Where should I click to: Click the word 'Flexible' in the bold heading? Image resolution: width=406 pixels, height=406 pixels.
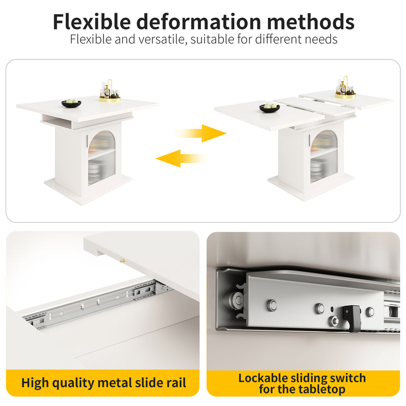(x=92, y=22)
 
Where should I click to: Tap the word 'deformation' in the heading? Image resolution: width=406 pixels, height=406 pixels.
(x=198, y=22)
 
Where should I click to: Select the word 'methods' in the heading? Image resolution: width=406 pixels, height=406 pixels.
(x=311, y=22)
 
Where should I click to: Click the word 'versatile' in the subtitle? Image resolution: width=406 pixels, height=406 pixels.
(x=162, y=40)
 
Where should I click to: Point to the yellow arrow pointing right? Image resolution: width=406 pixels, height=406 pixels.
(x=200, y=133)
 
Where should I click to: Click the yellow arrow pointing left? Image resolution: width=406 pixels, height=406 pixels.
(x=182, y=158)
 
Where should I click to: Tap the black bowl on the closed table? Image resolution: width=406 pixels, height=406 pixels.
(x=71, y=104)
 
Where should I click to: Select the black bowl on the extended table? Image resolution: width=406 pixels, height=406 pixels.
(x=269, y=108)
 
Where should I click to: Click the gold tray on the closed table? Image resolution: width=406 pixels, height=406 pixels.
(x=110, y=99)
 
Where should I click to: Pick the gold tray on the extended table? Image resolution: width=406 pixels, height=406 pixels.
(x=346, y=95)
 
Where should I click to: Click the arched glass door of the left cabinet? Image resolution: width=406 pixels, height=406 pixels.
(x=101, y=158)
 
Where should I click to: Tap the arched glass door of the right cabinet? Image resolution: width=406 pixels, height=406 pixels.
(x=324, y=156)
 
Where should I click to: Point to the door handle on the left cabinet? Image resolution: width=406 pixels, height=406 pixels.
(x=87, y=141)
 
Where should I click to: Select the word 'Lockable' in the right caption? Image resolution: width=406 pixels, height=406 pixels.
(x=262, y=378)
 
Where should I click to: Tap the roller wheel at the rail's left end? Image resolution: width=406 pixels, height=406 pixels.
(x=236, y=300)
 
